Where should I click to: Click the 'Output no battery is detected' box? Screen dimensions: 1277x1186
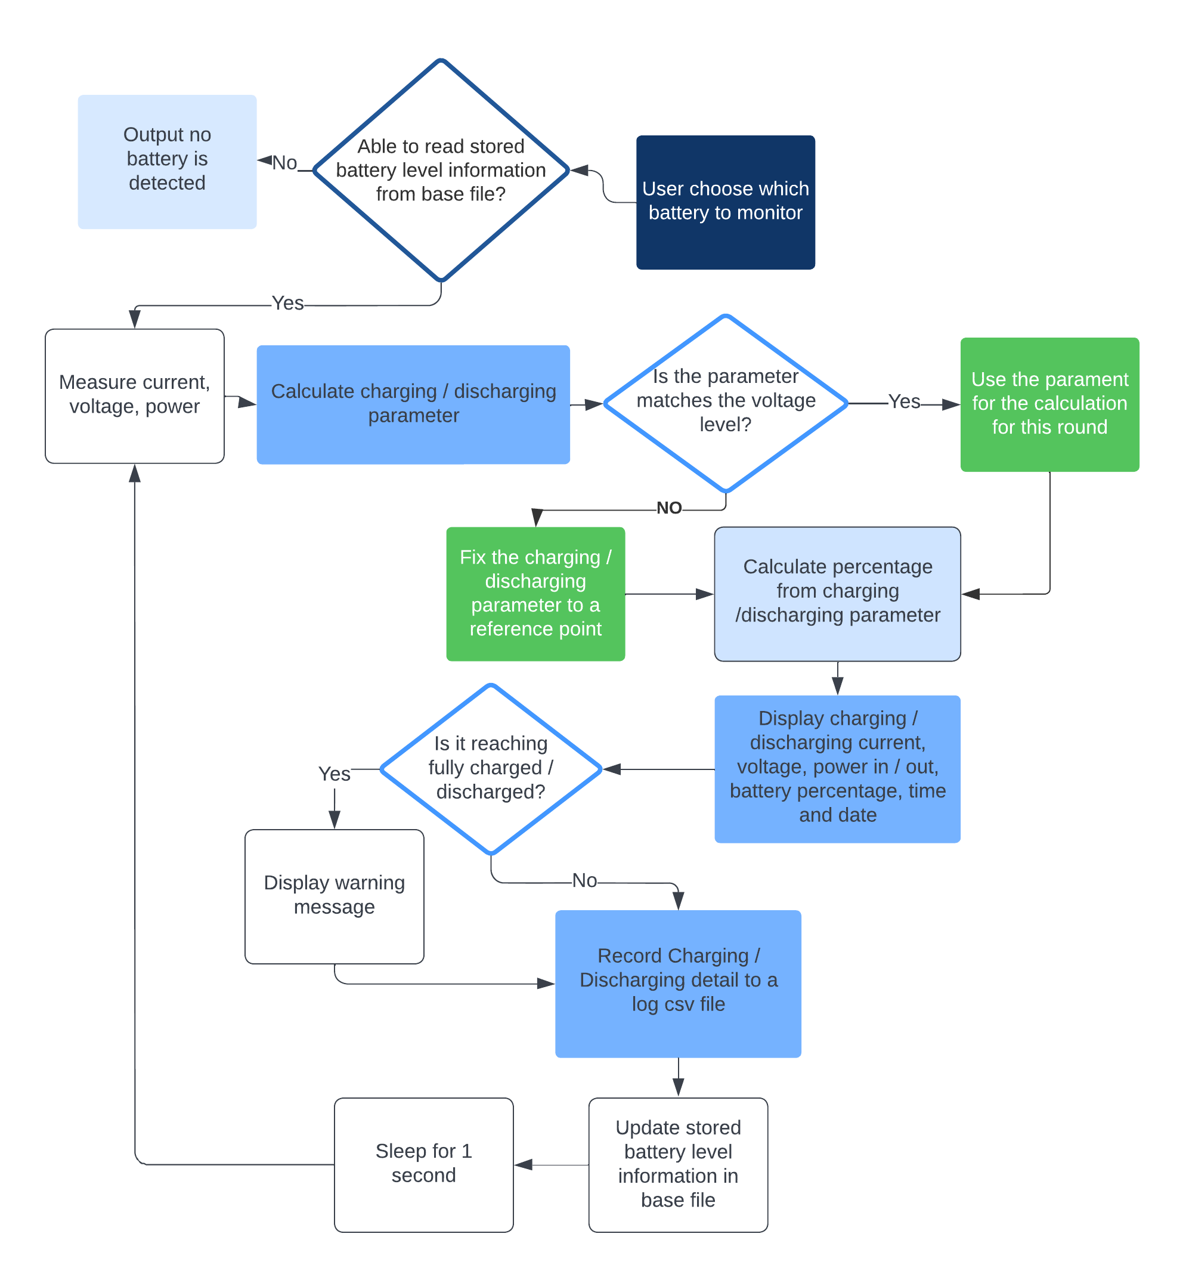pos(167,161)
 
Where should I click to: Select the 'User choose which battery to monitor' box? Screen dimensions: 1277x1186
pos(725,202)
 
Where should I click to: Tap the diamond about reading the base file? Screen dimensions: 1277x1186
pos(441,170)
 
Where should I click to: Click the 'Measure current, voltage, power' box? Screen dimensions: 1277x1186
pos(134,395)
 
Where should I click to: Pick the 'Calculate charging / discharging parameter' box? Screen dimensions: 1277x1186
pos(413,404)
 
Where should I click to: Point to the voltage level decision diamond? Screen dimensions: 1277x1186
pos(725,403)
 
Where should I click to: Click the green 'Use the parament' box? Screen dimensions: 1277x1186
pos(1049,404)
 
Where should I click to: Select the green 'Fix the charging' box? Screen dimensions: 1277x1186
pos(535,593)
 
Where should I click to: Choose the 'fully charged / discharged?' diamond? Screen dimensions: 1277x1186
pos(490,768)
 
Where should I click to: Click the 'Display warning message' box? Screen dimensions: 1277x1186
pos(334,896)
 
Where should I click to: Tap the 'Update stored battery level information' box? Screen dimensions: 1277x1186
pos(678,1164)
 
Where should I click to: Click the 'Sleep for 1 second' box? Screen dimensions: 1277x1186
pos(423,1164)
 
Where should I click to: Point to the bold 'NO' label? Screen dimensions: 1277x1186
pos(669,508)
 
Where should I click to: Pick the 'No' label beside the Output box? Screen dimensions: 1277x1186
pos(284,163)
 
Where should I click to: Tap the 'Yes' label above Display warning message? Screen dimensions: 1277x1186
pos(334,774)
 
